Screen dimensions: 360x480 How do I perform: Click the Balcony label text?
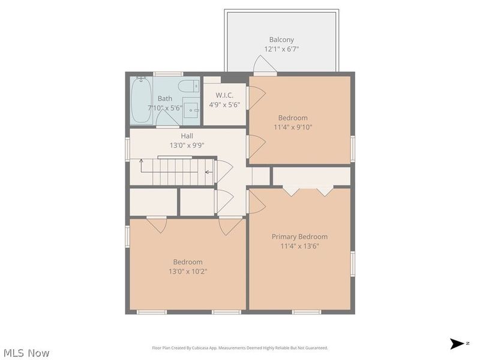[x=281, y=40]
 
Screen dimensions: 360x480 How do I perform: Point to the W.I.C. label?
[x=224, y=95]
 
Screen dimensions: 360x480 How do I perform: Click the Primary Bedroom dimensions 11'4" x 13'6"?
[x=299, y=246]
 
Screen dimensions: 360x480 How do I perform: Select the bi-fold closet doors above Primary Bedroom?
[x=308, y=190]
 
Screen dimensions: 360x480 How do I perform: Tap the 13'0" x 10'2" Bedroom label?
[x=188, y=271]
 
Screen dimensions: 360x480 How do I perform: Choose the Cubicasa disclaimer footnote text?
[x=240, y=348]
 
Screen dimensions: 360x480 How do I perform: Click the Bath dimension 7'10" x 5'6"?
[x=165, y=108]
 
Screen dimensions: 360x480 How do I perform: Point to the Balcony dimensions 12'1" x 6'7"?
[x=281, y=49]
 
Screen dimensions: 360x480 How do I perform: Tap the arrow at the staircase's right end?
[x=208, y=172]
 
